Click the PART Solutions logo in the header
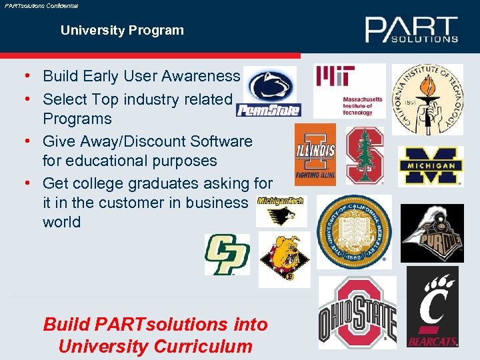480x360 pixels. pos(411,29)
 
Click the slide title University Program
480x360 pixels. pos(122,30)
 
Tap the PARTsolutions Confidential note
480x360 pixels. pos(41,5)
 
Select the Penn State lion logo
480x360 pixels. pos(269,92)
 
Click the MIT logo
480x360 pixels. pos(349,91)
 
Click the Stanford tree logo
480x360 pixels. pos(365,155)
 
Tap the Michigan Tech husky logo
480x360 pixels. pos(281,211)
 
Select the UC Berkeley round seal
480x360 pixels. pos(354,231)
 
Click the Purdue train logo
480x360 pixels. pos(431,233)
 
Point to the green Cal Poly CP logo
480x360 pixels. pos(227,254)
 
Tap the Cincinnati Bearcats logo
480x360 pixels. pos(433,307)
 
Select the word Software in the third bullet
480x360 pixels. pos(221,141)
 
